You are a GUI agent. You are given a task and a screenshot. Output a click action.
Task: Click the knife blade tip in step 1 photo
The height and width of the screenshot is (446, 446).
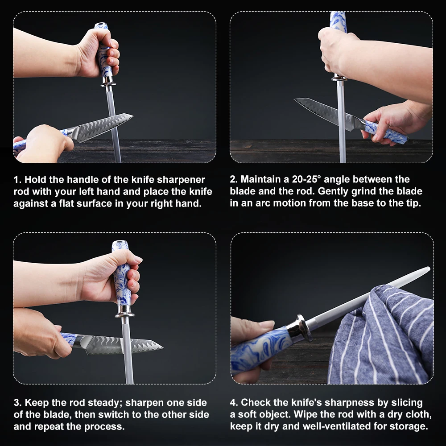[x=132, y=116]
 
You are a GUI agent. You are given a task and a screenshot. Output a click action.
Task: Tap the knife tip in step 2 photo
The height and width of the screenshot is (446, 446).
[x=295, y=99]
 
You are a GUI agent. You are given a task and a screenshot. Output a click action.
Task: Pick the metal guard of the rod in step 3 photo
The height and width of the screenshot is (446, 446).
[x=124, y=311]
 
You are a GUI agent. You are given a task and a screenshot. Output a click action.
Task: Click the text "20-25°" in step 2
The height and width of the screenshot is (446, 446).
[x=306, y=179]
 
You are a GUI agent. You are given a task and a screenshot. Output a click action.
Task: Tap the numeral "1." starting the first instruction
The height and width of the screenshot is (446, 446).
[x=18, y=180]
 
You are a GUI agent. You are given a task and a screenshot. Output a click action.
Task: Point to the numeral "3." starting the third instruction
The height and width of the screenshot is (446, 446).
[x=18, y=403]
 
